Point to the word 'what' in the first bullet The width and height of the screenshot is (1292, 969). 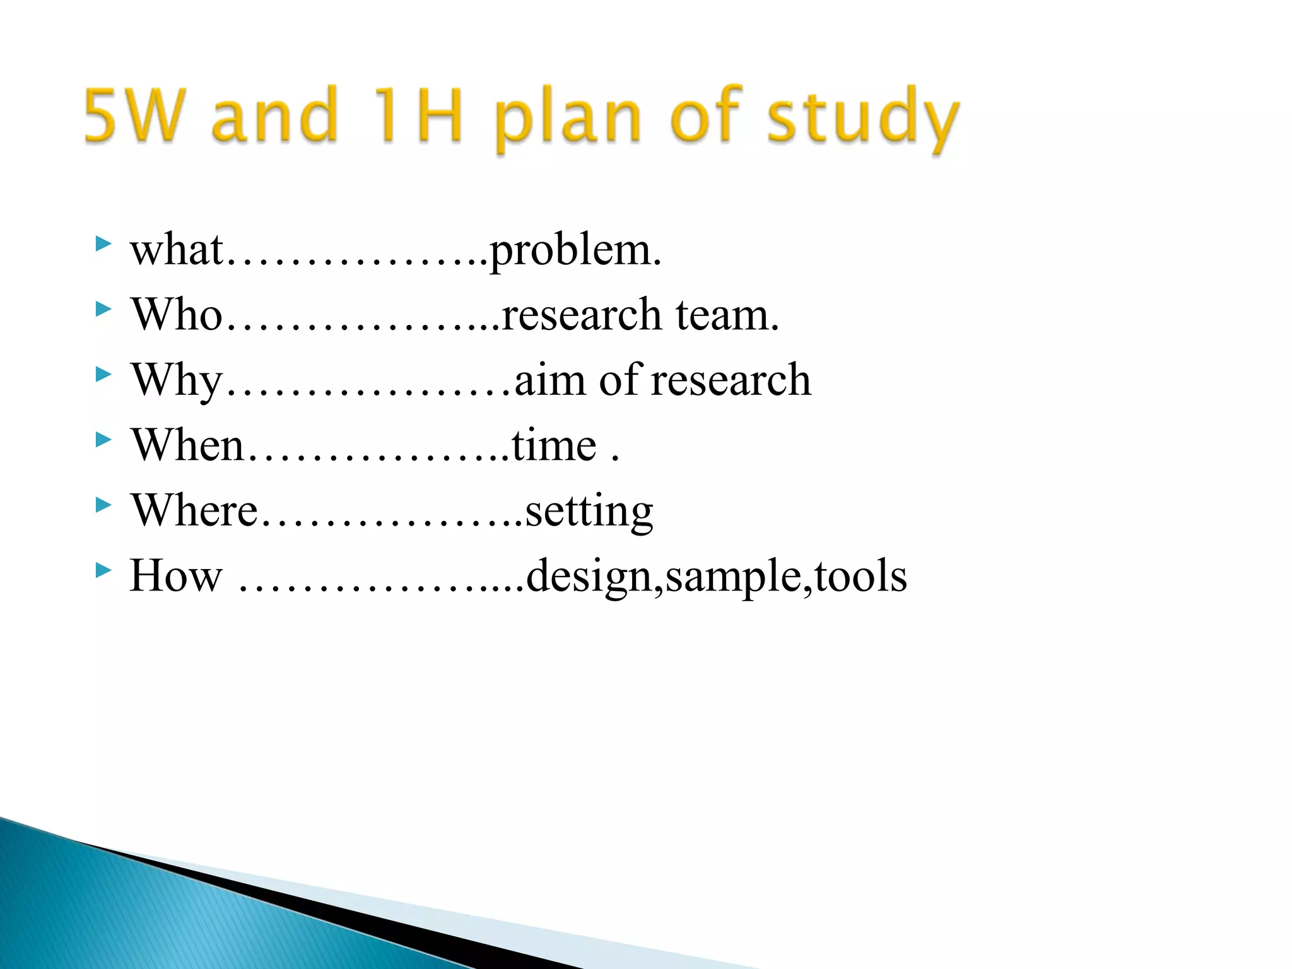177,250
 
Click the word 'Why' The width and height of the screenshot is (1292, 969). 177,381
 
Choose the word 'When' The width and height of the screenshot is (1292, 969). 187,445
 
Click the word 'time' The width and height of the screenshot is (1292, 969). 554,446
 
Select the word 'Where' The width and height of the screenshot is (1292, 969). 194,510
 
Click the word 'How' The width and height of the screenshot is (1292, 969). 176,576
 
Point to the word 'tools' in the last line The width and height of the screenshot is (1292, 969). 861,576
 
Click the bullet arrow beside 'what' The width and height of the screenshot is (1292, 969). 103,244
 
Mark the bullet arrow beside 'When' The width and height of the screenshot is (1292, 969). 103,439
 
